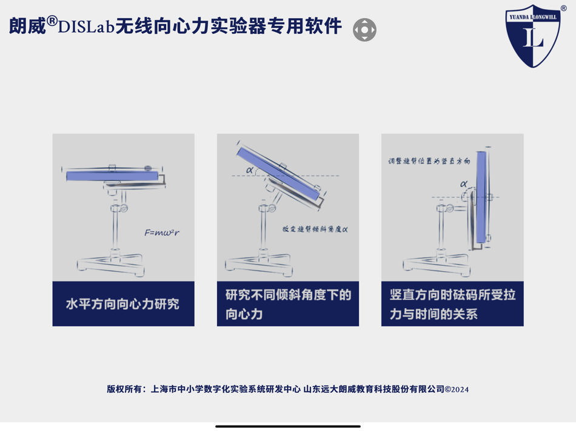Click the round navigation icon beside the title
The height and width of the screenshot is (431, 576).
coord(364,30)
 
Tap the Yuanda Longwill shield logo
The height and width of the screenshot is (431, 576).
coord(533,36)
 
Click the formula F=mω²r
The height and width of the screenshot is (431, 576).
coord(162,232)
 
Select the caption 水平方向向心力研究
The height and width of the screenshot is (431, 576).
coord(123,304)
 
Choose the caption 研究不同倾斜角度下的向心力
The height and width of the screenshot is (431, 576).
coord(288,304)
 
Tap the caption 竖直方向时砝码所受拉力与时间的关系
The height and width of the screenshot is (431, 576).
coord(452,304)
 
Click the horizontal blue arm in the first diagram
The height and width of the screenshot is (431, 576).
coord(112,176)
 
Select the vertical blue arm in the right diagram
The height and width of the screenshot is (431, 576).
coord(481,197)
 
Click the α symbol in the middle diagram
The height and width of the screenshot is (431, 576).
coord(250,170)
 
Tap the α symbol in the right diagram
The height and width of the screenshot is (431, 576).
coord(464,184)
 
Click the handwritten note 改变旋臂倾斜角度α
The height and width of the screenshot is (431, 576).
coord(315,229)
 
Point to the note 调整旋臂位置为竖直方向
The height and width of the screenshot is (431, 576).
coord(429,162)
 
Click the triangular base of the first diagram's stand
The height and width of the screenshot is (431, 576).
coord(111,263)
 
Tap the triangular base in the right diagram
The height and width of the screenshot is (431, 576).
coord(435,264)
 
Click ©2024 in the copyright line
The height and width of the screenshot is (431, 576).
coord(457,389)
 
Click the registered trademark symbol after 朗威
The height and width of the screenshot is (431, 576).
coord(52,21)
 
